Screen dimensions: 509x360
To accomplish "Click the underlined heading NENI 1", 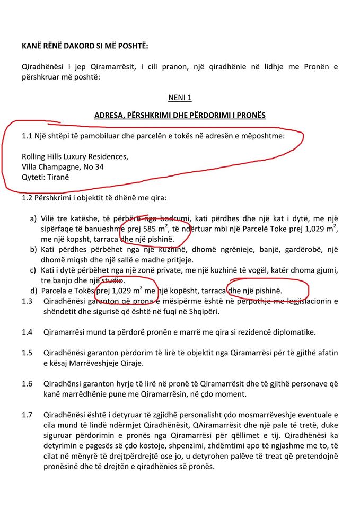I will tap(180, 98).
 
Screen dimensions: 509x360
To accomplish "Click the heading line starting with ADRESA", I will tap(180, 115).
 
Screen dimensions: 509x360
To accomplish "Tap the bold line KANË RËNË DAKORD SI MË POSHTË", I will tap(85, 46).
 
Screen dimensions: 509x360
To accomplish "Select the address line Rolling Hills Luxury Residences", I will tap(75, 157).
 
